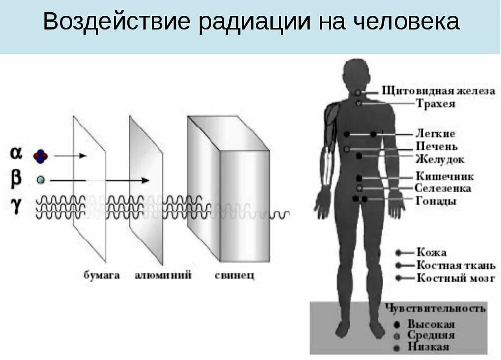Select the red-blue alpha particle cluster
pyautogui.click(x=41, y=156)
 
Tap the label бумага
pyautogui.click(x=102, y=275)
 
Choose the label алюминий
pyautogui.click(x=163, y=275)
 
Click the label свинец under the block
pyautogui.click(x=234, y=275)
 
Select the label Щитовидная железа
pyautogui.click(x=438, y=91)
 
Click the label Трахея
pyautogui.click(x=435, y=104)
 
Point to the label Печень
pyautogui.click(x=436, y=147)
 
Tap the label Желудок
pyautogui.click(x=439, y=160)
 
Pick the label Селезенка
pyautogui.click(x=443, y=189)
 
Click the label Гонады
pyautogui.click(x=436, y=202)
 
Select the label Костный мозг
pyautogui.click(x=455, y=278)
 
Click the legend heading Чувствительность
pyautogui.click(x=435, y=308)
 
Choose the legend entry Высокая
pyautogui.click(x=431, y=324)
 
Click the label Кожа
pyautogui.click(x=431, y=253)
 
